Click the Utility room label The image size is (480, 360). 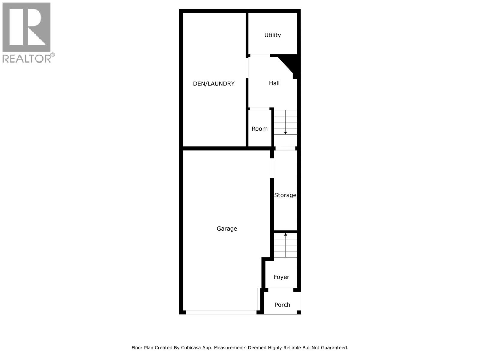272,35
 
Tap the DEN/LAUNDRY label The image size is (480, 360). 214,84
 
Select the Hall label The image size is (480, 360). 274,83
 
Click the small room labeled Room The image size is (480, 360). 259,129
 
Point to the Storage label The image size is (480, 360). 285,195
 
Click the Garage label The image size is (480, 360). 227,229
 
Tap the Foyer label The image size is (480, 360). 281,277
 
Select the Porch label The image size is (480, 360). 282,305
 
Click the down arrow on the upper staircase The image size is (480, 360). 286,133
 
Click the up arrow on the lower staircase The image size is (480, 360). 286,234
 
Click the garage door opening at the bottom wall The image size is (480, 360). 221,312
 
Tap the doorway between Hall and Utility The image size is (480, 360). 260,55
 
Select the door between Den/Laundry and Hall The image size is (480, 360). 247,68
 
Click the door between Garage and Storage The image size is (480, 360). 272,168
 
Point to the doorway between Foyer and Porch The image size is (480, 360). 280,289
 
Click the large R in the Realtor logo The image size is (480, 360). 27,28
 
